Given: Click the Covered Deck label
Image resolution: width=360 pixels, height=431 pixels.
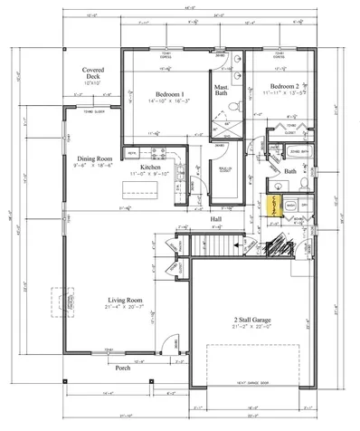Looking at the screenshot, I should (x=93, y=73).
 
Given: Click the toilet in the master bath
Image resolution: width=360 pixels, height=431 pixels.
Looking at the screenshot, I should (x=233, y=106).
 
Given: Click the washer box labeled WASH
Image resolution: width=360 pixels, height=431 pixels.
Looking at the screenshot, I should (x=290, y=206).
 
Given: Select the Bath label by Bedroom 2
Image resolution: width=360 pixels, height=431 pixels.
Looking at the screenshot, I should (x=290, y=170).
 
